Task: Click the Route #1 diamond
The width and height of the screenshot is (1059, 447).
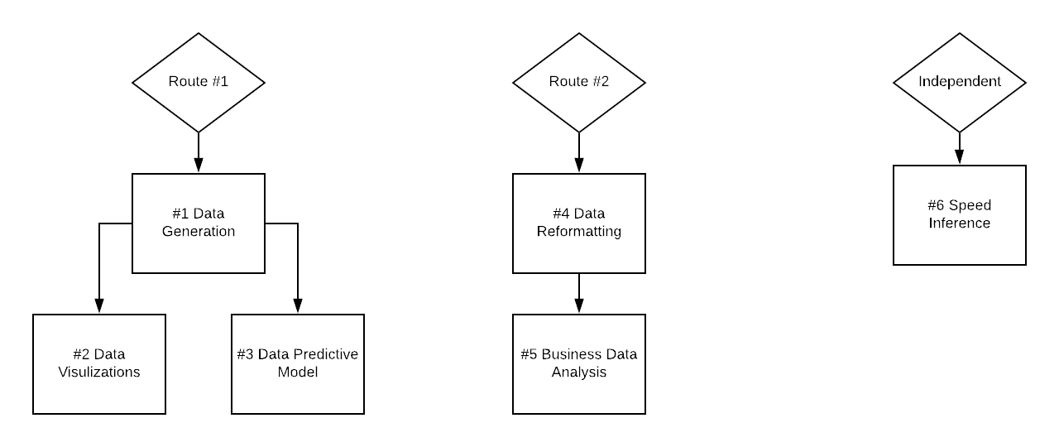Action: coord(199,83)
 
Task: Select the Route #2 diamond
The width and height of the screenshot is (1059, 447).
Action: coord(579,83)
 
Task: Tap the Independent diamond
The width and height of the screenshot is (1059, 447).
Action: coord(960,83)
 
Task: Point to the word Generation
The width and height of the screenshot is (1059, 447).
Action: coord(199,232)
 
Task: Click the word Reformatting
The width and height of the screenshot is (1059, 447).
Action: coord(579,232)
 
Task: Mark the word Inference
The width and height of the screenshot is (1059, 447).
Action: coord(960,223)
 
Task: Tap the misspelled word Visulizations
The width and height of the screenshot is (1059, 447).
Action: coord(99,372)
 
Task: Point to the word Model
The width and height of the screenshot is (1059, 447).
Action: coord(298,372)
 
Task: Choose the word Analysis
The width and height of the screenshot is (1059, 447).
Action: coord(579,372)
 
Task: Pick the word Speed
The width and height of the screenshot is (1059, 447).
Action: coord(970,205)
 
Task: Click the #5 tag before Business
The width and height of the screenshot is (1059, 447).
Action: coord(529,354)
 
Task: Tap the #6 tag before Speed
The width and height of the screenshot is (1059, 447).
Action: coord(937,205)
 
